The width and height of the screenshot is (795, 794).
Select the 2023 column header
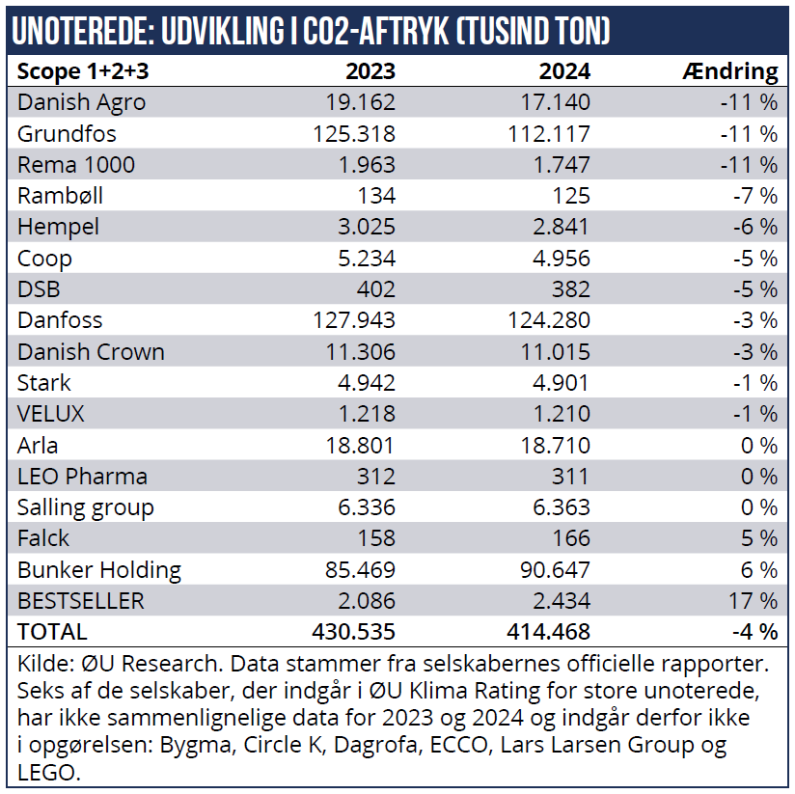point(370,70)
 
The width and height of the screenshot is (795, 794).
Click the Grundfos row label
point(67,133)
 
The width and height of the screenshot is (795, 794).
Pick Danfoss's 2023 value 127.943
point(354,320)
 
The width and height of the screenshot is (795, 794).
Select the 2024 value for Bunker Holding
point(549,570)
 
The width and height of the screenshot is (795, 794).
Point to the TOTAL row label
point(52,632)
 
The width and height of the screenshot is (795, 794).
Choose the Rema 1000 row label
point(76,164)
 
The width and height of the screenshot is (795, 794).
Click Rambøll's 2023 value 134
point(376,196)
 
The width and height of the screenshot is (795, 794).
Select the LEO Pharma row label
point(82,477)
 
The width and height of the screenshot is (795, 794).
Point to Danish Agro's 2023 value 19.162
point(361,102)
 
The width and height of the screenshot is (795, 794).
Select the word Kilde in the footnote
point(43,665)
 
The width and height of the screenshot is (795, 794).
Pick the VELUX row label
point(51,414)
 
